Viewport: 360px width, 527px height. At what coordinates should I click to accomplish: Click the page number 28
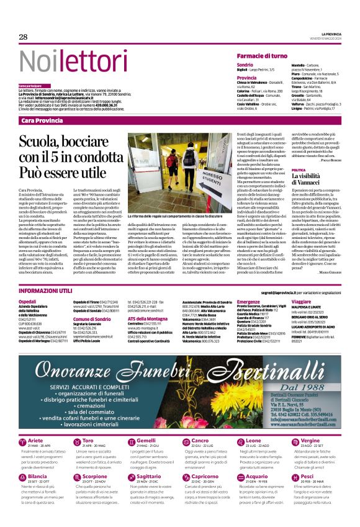[x=24, y=37]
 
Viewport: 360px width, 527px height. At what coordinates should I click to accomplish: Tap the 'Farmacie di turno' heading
[x=262, y=56]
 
